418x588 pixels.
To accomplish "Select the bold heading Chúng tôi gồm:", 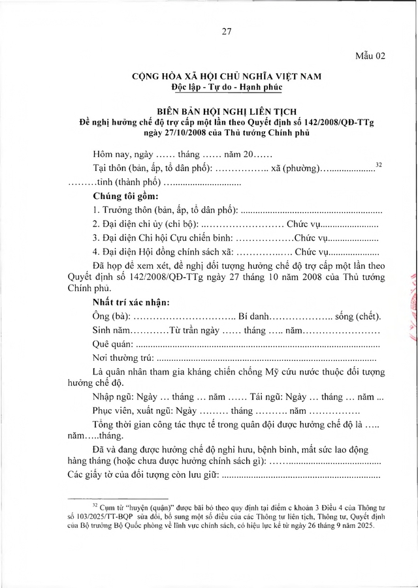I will pyautogui.click(x=125, y=196).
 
